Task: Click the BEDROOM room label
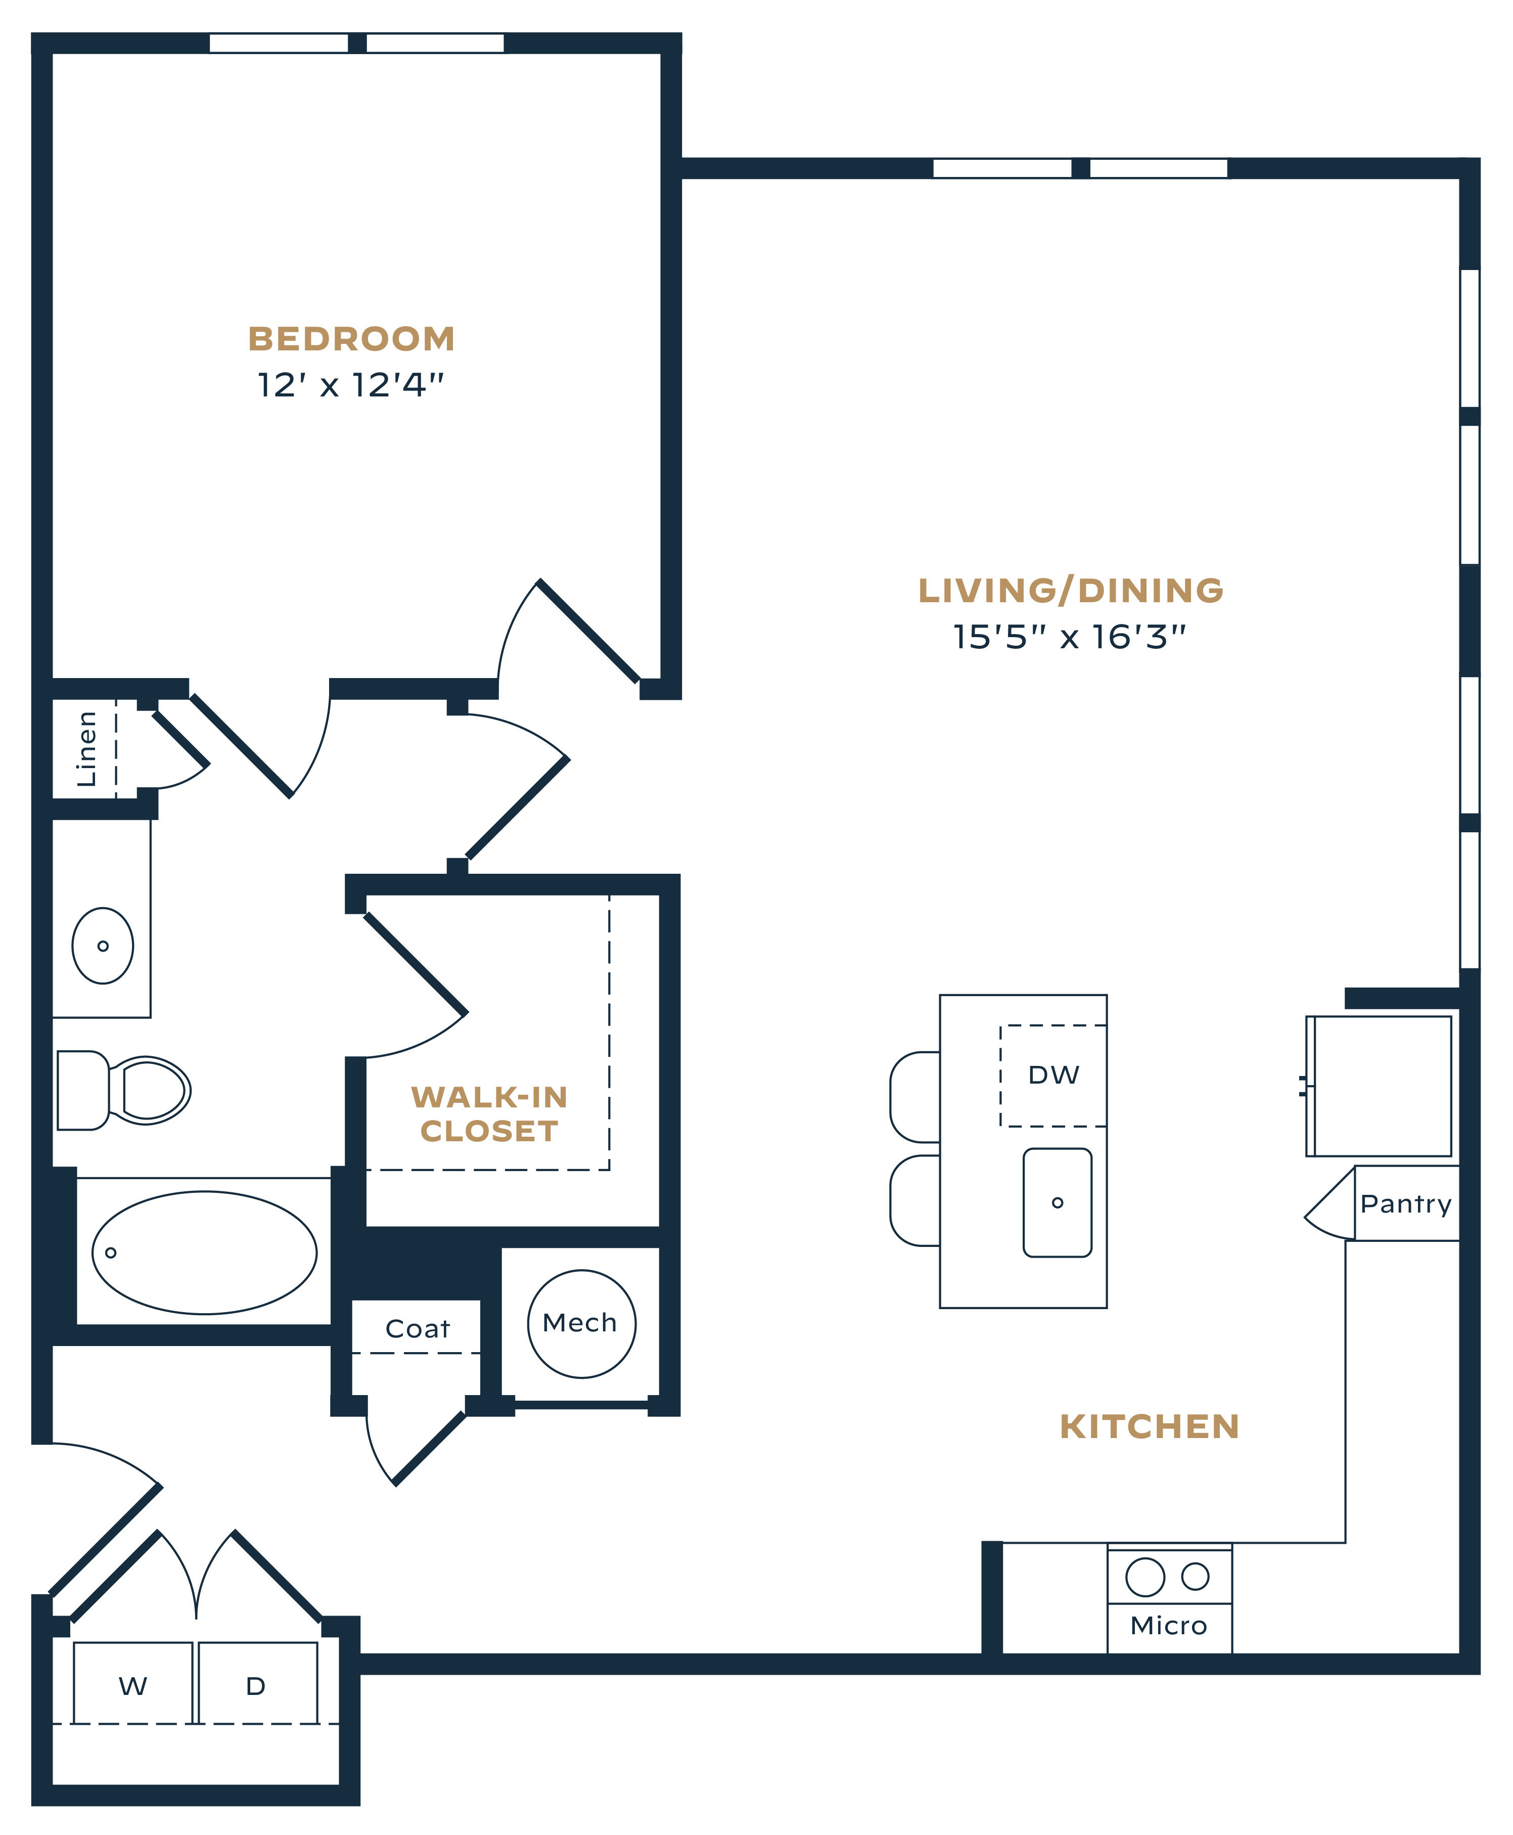(351, 339)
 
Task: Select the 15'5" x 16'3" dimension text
(1069, 637)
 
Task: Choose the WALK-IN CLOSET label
(489, 1113)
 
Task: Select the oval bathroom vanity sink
(103, 946)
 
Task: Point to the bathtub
(205, 1252)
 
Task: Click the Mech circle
(581, 1323)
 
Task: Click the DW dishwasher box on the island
(1053, 1076)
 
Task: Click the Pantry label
(1406, 1204)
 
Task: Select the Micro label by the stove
(1169, 1626)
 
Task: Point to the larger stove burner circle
(1145, 1576)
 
